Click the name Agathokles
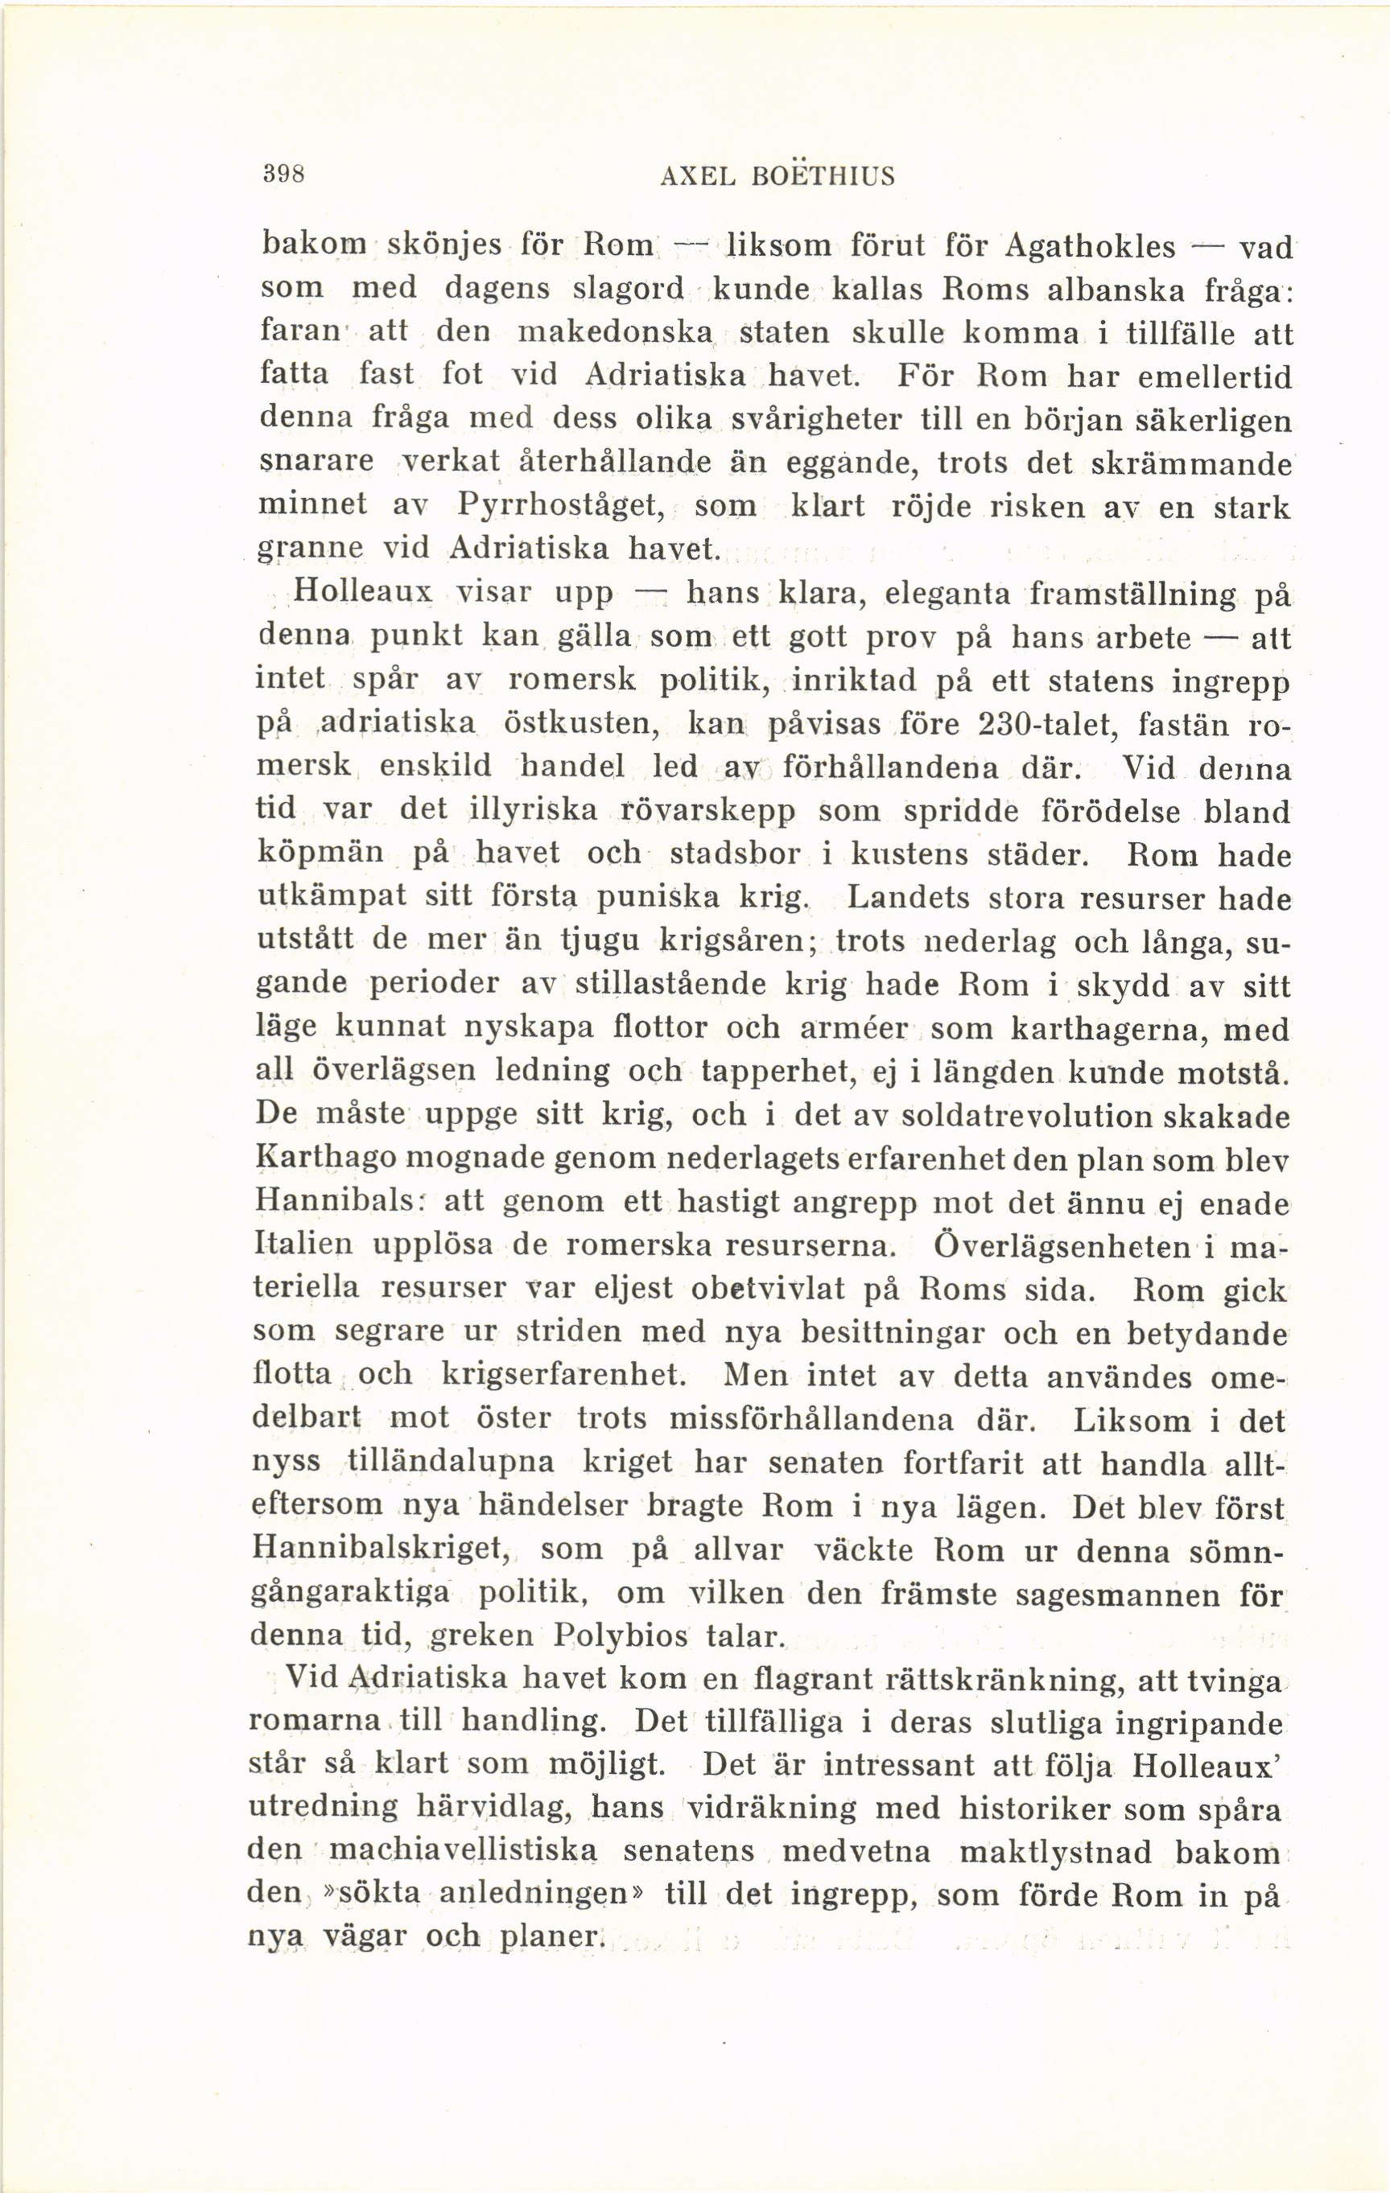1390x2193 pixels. (1091, 246)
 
